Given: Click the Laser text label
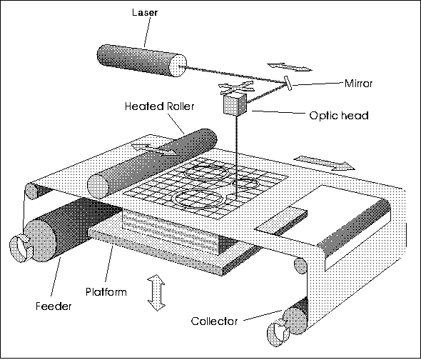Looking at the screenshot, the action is pyautogui.click(x=144, y=12).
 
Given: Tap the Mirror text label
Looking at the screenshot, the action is pyautogui.click(x=358, y=84).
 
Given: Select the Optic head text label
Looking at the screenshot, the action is pyautogui.click(x=339, y=115).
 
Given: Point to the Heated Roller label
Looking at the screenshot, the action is pyautogui.click(x=159, y=106).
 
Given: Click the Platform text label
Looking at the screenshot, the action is pyautogui.click(x=106, y=291).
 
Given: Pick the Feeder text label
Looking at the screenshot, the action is pyautogui.click(x=54, y=306).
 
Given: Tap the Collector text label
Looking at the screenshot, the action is pyautogui.click(x=214, y=321).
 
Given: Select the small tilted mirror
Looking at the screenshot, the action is pyautogui.click(x=288, y=83).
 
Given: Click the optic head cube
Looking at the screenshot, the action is pyautogui.click(x=235, y=104).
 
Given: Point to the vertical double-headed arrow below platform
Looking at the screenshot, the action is pyautogui.click(x=156, y=293).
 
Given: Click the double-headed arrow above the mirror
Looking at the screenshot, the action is pyautogui.click(x=290, y=67).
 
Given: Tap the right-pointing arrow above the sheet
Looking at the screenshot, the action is pyautogui.click(x=325, y=163).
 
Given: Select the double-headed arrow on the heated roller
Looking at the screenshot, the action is pyautogui.click(x=154, y=149).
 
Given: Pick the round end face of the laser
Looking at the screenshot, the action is pyautogui.click(x=178, y=66).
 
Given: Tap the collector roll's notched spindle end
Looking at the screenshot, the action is pyautogui.click(x=279, y=333).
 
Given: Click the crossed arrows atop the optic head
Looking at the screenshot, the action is pyautogui.click(x=236, y=87).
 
